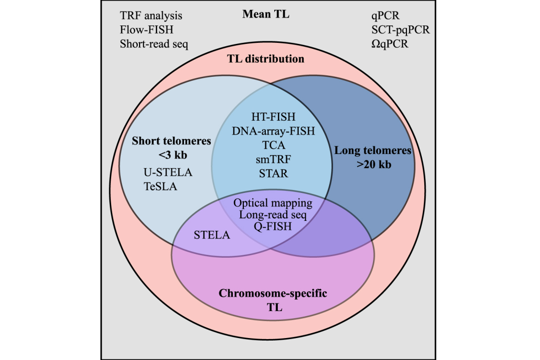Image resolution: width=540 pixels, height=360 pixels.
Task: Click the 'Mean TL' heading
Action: click(x=266, y=14)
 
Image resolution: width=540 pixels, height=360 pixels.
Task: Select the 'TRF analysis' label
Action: click(x=151, y=16)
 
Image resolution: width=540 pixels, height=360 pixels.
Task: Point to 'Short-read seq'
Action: click(x=154, y=44)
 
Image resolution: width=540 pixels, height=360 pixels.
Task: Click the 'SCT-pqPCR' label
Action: click(x=400, y=30)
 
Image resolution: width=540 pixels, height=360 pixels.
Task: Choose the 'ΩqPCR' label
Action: click(x=390, y=44)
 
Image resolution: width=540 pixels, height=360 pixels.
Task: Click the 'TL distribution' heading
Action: click(x=265, y=59)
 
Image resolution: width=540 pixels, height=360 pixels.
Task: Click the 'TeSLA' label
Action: click(x=160, y=186)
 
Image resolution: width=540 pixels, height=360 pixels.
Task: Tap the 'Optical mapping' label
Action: click(x=273, y=203)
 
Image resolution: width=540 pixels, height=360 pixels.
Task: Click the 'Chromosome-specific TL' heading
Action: click(x=273, y=300)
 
